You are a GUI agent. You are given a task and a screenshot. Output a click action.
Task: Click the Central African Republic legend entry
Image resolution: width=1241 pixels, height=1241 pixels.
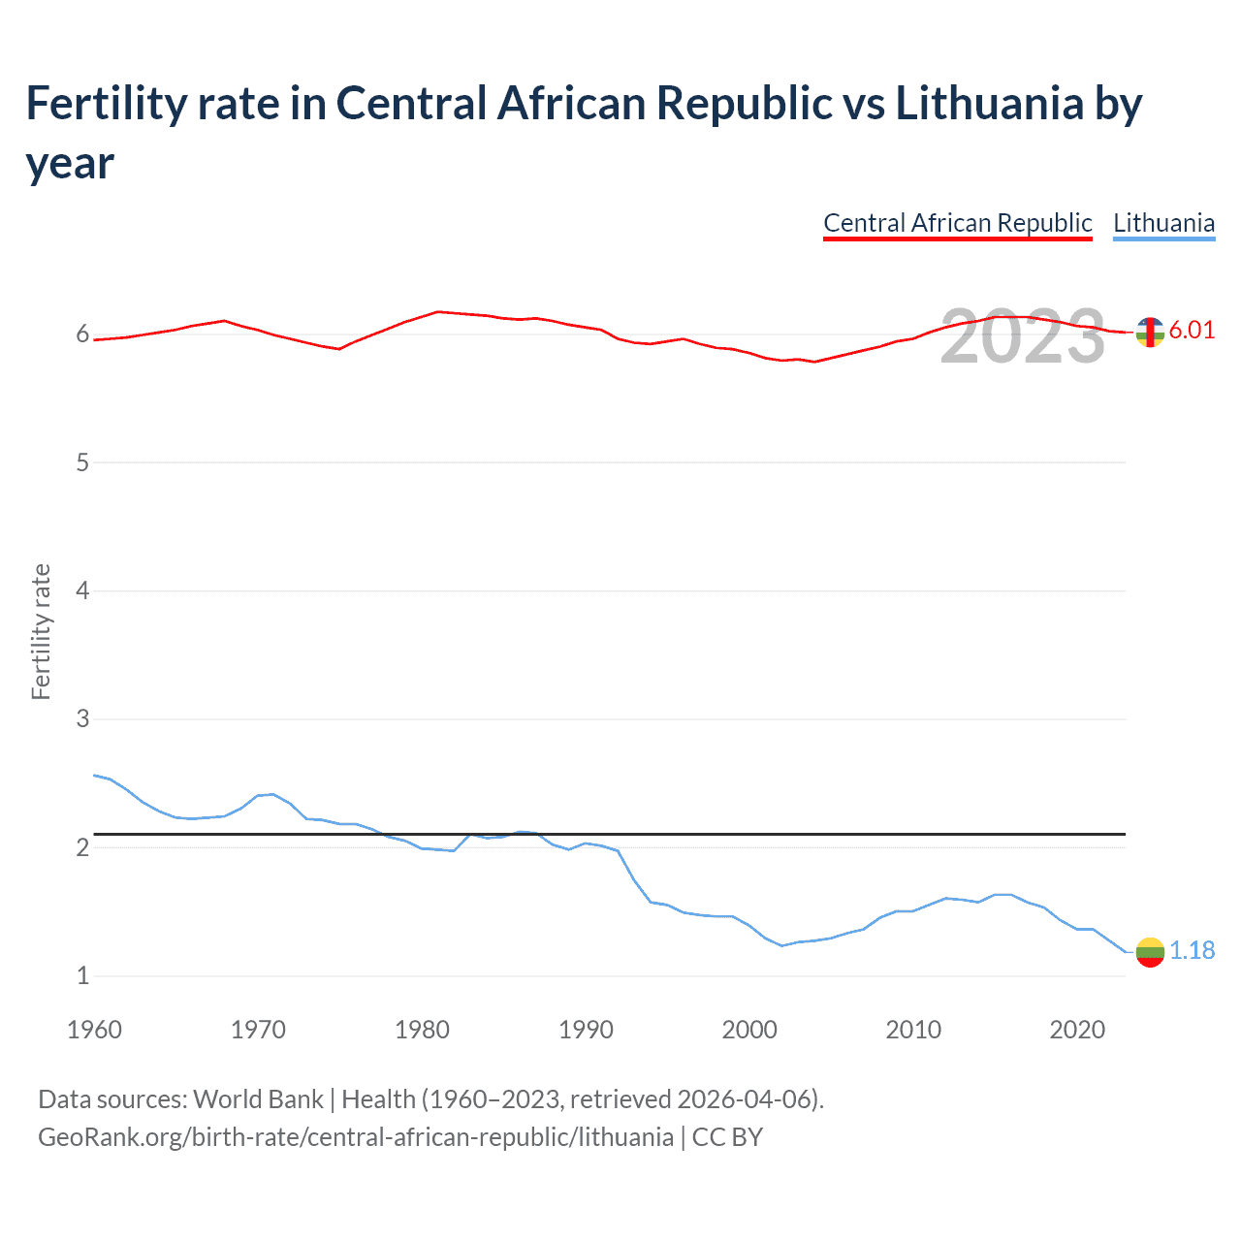(x=957, y=223)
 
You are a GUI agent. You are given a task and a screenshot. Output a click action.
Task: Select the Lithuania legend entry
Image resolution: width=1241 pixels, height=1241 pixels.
(x=1163, y=223)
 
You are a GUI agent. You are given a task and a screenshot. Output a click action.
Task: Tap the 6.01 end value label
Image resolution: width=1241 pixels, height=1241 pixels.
(x=1192, y=330)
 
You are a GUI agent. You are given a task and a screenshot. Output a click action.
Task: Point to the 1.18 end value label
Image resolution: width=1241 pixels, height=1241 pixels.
(x=1192, y=950)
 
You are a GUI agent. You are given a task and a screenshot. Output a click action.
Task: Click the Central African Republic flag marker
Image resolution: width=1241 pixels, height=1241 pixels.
(x=1150, y=332)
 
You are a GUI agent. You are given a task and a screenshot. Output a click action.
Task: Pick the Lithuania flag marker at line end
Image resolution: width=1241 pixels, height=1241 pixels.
(x=1150, y=952)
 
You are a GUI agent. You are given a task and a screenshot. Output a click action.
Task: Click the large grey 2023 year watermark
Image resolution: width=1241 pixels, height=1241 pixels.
(x=1023, y=336)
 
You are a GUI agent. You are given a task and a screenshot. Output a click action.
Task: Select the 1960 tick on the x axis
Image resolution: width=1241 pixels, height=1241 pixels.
(x=94, y=1030)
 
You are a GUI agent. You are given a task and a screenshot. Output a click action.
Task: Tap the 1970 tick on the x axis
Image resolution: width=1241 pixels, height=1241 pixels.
(x=258, y=1030)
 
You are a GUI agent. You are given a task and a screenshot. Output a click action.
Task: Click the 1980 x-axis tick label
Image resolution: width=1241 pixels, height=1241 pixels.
(x=422, y=1030)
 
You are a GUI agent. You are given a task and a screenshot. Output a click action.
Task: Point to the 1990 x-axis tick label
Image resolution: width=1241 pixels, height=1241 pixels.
(x=586, y=1030)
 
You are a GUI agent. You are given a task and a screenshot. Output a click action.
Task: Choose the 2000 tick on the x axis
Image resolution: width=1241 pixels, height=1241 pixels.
(x=749, y=1030)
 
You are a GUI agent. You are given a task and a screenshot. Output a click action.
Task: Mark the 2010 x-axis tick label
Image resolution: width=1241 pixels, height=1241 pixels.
(x=913, y=1030)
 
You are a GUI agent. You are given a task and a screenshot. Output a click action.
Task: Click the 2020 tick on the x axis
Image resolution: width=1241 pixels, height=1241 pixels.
(x=1077, y=1030)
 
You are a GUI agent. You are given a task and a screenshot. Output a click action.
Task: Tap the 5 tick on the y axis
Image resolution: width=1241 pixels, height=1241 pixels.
(x=82, y=462)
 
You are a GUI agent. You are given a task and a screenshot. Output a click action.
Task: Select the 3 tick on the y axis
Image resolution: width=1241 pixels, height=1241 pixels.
(x=82, y=719)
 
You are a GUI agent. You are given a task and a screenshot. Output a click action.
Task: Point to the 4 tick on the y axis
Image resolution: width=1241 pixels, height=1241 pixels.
(x=82, y=590)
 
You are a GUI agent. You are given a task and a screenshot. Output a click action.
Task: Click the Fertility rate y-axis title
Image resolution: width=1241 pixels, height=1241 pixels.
(x=41, y=631)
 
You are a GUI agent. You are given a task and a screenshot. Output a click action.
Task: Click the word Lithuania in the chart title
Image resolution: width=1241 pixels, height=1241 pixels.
(x=989, y=103)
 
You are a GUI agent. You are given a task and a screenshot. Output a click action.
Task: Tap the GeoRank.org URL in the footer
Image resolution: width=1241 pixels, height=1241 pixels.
(x=355, y=1136)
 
